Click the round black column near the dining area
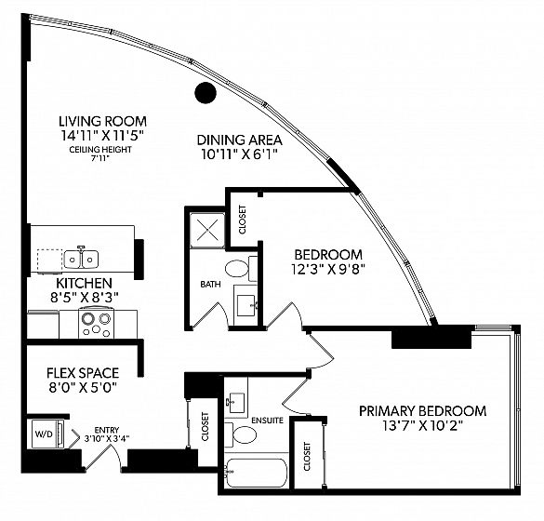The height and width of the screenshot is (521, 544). pos(206,93)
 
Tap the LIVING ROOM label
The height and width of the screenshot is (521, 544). pos(102,122)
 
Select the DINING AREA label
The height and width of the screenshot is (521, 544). pos(239,140)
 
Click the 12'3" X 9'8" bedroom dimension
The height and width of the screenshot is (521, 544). pos(328,270)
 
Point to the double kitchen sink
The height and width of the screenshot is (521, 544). pos(81,259)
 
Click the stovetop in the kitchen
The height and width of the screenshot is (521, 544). pos(96,323)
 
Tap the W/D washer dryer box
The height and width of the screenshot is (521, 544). pos(47,434)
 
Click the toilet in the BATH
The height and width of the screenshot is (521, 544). pos(241,268)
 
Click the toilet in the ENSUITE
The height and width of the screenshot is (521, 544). pos(241,434)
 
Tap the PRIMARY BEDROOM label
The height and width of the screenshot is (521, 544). pos(422,411)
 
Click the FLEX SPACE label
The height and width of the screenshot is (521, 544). pos(83,373)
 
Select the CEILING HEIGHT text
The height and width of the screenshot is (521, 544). pos(100,150)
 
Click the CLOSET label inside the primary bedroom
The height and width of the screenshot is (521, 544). pos(307,457)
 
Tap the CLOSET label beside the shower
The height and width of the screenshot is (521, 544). pos(242,220)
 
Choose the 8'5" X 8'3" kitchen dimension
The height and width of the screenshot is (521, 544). pos(84,298)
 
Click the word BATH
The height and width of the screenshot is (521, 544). pos(210,285)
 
